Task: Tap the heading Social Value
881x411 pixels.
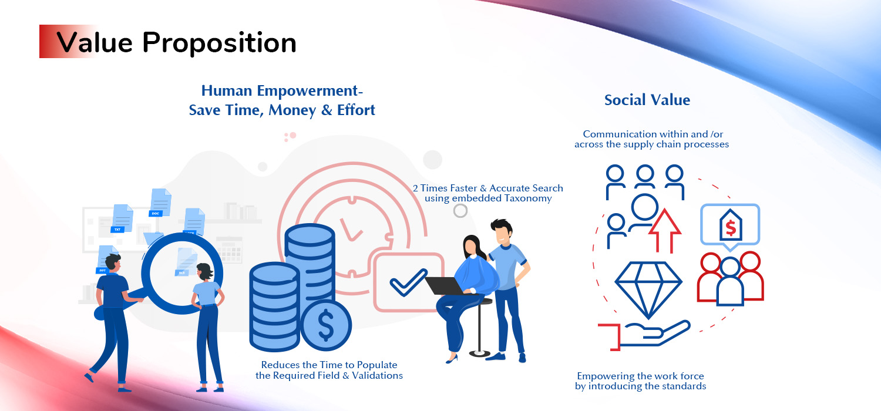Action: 647,100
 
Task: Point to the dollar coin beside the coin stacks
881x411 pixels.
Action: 326,325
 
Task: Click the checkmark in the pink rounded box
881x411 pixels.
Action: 408,282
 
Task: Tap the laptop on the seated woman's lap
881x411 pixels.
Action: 446,285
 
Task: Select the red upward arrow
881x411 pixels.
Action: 664,231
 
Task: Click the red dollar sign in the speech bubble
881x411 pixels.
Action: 731,228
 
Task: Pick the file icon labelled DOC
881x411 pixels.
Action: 160,203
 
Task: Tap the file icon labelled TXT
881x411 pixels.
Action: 122,218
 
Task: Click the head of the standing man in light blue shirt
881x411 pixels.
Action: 502,231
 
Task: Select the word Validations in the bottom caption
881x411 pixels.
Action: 377,376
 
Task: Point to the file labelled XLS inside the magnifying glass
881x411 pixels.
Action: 185,262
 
